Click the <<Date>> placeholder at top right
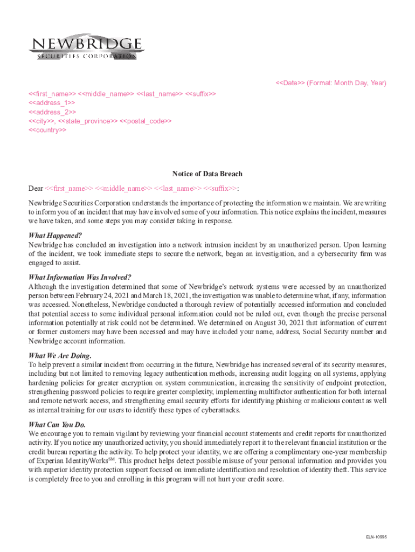click(290, 83)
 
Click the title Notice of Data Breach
click(207, 174)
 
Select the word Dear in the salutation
click(36, 189)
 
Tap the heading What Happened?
click(55, 236)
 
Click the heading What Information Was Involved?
click(80, 278)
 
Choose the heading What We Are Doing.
click(60, 356)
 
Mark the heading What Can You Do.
click(57, 425)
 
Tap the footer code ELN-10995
click(376, 537)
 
